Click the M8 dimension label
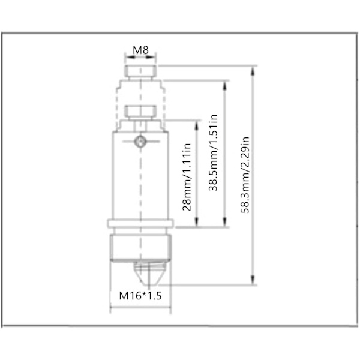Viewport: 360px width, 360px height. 140,50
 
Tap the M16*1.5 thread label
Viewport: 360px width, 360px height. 140,296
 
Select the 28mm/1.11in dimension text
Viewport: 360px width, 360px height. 187,177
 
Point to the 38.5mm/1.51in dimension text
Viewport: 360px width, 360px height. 213,152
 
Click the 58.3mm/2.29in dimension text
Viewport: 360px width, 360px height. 245,175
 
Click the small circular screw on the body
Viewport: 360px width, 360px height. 140,141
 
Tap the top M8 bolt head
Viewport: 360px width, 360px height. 140,71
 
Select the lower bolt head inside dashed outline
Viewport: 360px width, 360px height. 140,111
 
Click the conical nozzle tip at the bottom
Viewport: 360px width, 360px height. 149,274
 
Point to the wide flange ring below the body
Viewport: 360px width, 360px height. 140,224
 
